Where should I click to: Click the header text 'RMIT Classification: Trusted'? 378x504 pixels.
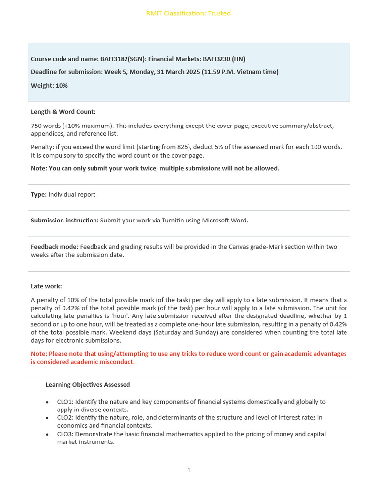click(189, 13)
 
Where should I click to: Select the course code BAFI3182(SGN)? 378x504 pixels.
click(121, 59)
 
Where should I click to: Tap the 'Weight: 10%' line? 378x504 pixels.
click(49, 86)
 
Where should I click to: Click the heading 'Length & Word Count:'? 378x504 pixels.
click(63, 112)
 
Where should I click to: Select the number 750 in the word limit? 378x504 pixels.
click(37, 126)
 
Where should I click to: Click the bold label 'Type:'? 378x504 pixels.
click(39, 194)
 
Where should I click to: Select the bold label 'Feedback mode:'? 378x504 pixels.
click(54, 247)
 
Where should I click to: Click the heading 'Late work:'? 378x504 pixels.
click(46, 286)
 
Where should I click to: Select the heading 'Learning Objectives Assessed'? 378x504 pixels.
click(88, 385)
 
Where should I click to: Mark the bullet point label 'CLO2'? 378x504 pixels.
click(64, 418)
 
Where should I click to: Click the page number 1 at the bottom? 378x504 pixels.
click(189, 471)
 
